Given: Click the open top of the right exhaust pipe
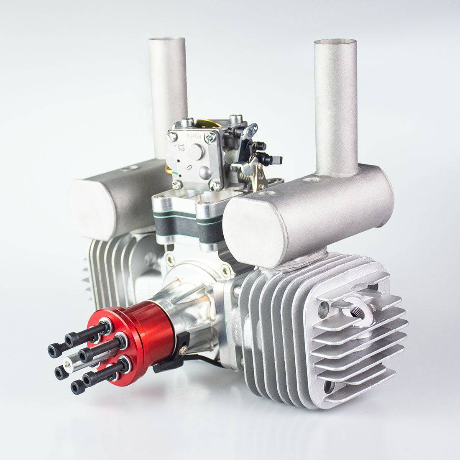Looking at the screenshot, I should pos(335,43).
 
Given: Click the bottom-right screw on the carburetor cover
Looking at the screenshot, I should pos(215,184).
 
